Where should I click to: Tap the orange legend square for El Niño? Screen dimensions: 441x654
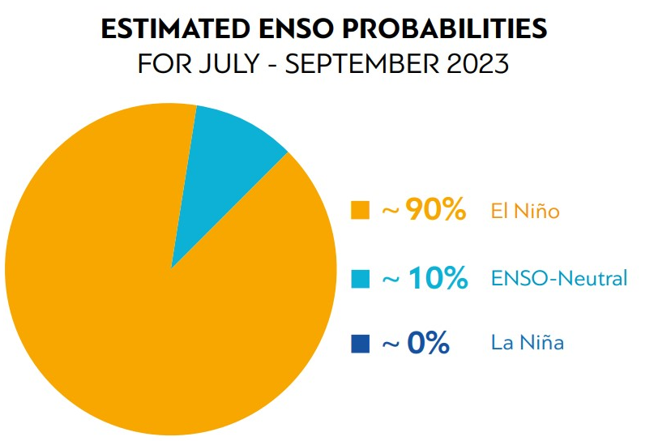[360, 212]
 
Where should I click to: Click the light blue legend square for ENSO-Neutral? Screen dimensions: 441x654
[360, 279]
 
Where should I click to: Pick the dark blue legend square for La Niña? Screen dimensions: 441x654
[360, 344]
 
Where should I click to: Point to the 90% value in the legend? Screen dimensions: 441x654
[435, 211]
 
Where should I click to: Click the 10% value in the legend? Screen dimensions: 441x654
[437, 278]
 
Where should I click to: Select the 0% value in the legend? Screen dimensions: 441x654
[428, 343]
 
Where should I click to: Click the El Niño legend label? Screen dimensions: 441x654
[525, 212]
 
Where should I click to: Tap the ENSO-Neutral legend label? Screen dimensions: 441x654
[559, 279]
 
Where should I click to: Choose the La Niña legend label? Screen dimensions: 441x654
[528, 344]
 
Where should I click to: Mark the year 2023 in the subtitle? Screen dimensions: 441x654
[479, 64]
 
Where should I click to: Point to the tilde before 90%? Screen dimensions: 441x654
[390, 212]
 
